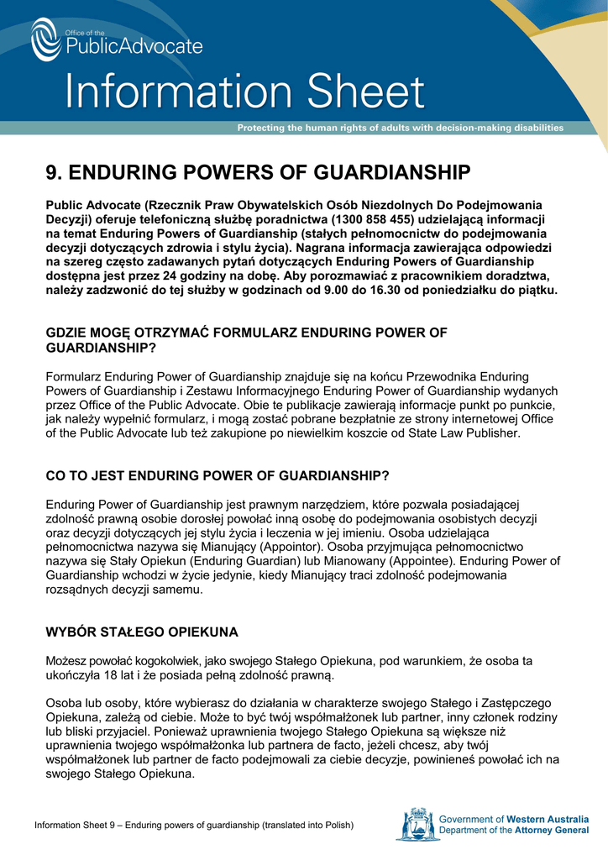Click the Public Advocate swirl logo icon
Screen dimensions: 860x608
coord(46,39)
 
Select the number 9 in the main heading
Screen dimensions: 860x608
coord(52,173)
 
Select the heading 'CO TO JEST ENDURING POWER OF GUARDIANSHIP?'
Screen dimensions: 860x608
coord(218,475)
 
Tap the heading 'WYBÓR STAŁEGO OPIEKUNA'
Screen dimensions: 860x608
coord(142,631)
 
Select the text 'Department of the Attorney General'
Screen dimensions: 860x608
coord(514,831)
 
